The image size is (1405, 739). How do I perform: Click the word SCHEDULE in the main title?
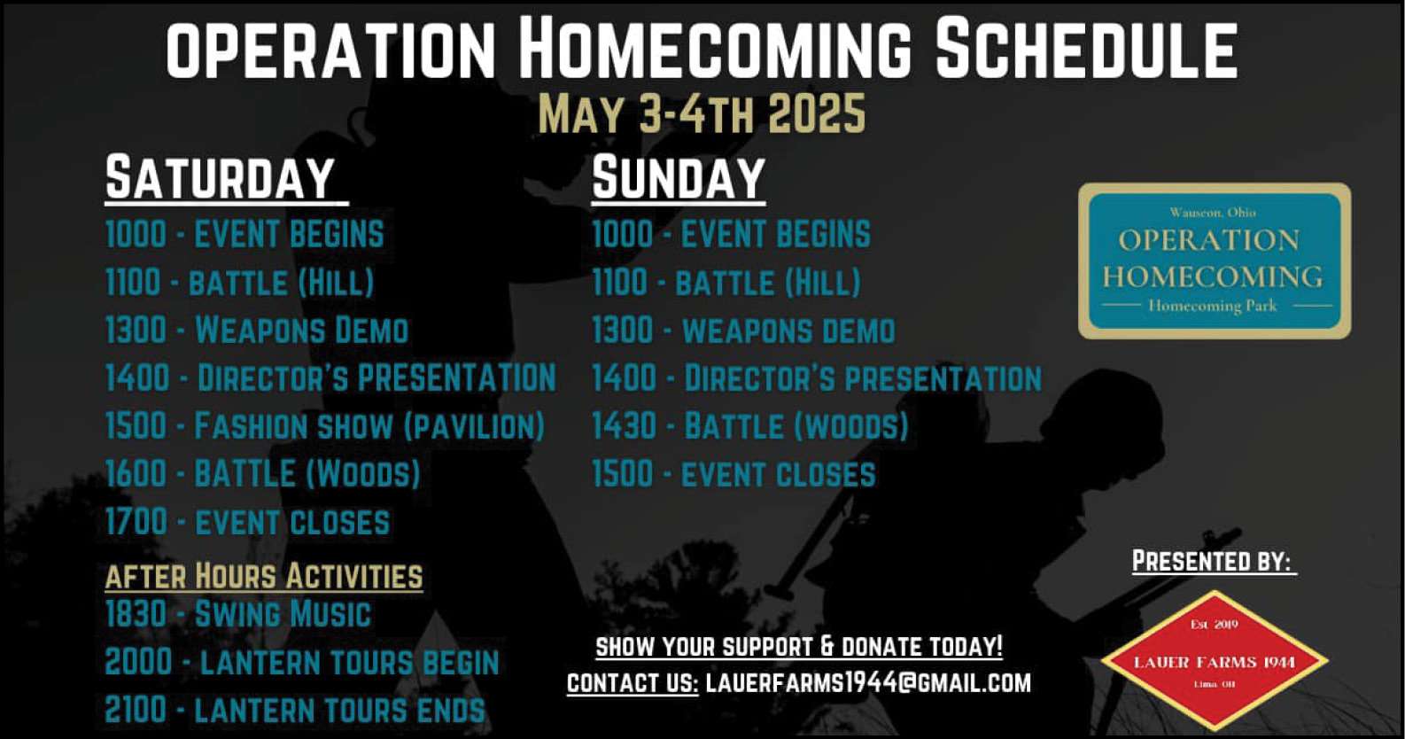tap(1087, 48)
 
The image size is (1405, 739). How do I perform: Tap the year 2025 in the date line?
tap(817, 113)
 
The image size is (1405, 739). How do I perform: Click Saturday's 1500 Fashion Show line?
tap(325, 425)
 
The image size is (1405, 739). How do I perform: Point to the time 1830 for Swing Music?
tap(136, 613)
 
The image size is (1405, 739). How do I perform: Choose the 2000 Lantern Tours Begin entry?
tap(302, 662)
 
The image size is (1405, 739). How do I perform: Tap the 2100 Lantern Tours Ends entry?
tap(295, 710)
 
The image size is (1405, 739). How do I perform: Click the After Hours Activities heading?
tap(264, 576)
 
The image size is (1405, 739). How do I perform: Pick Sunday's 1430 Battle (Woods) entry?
tap(750, 426)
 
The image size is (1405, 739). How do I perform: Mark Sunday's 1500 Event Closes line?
tap(734, 474)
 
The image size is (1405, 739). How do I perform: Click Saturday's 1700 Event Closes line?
tap(248, 523)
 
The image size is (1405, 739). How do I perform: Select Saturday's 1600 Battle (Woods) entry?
tap(262, 474)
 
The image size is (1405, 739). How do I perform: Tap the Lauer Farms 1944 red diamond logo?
tap(1215, 661)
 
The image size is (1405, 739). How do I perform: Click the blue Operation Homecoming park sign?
tap(1215, 261)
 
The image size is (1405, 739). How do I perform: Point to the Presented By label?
tap(1213, 561)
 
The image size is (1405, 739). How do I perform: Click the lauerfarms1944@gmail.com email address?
tap(868, 682)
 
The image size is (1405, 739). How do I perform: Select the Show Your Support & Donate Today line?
tap(799, 647)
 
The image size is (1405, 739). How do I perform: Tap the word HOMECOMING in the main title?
tap(716, 48)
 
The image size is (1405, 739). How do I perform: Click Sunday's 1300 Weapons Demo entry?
tap(744, 331)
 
